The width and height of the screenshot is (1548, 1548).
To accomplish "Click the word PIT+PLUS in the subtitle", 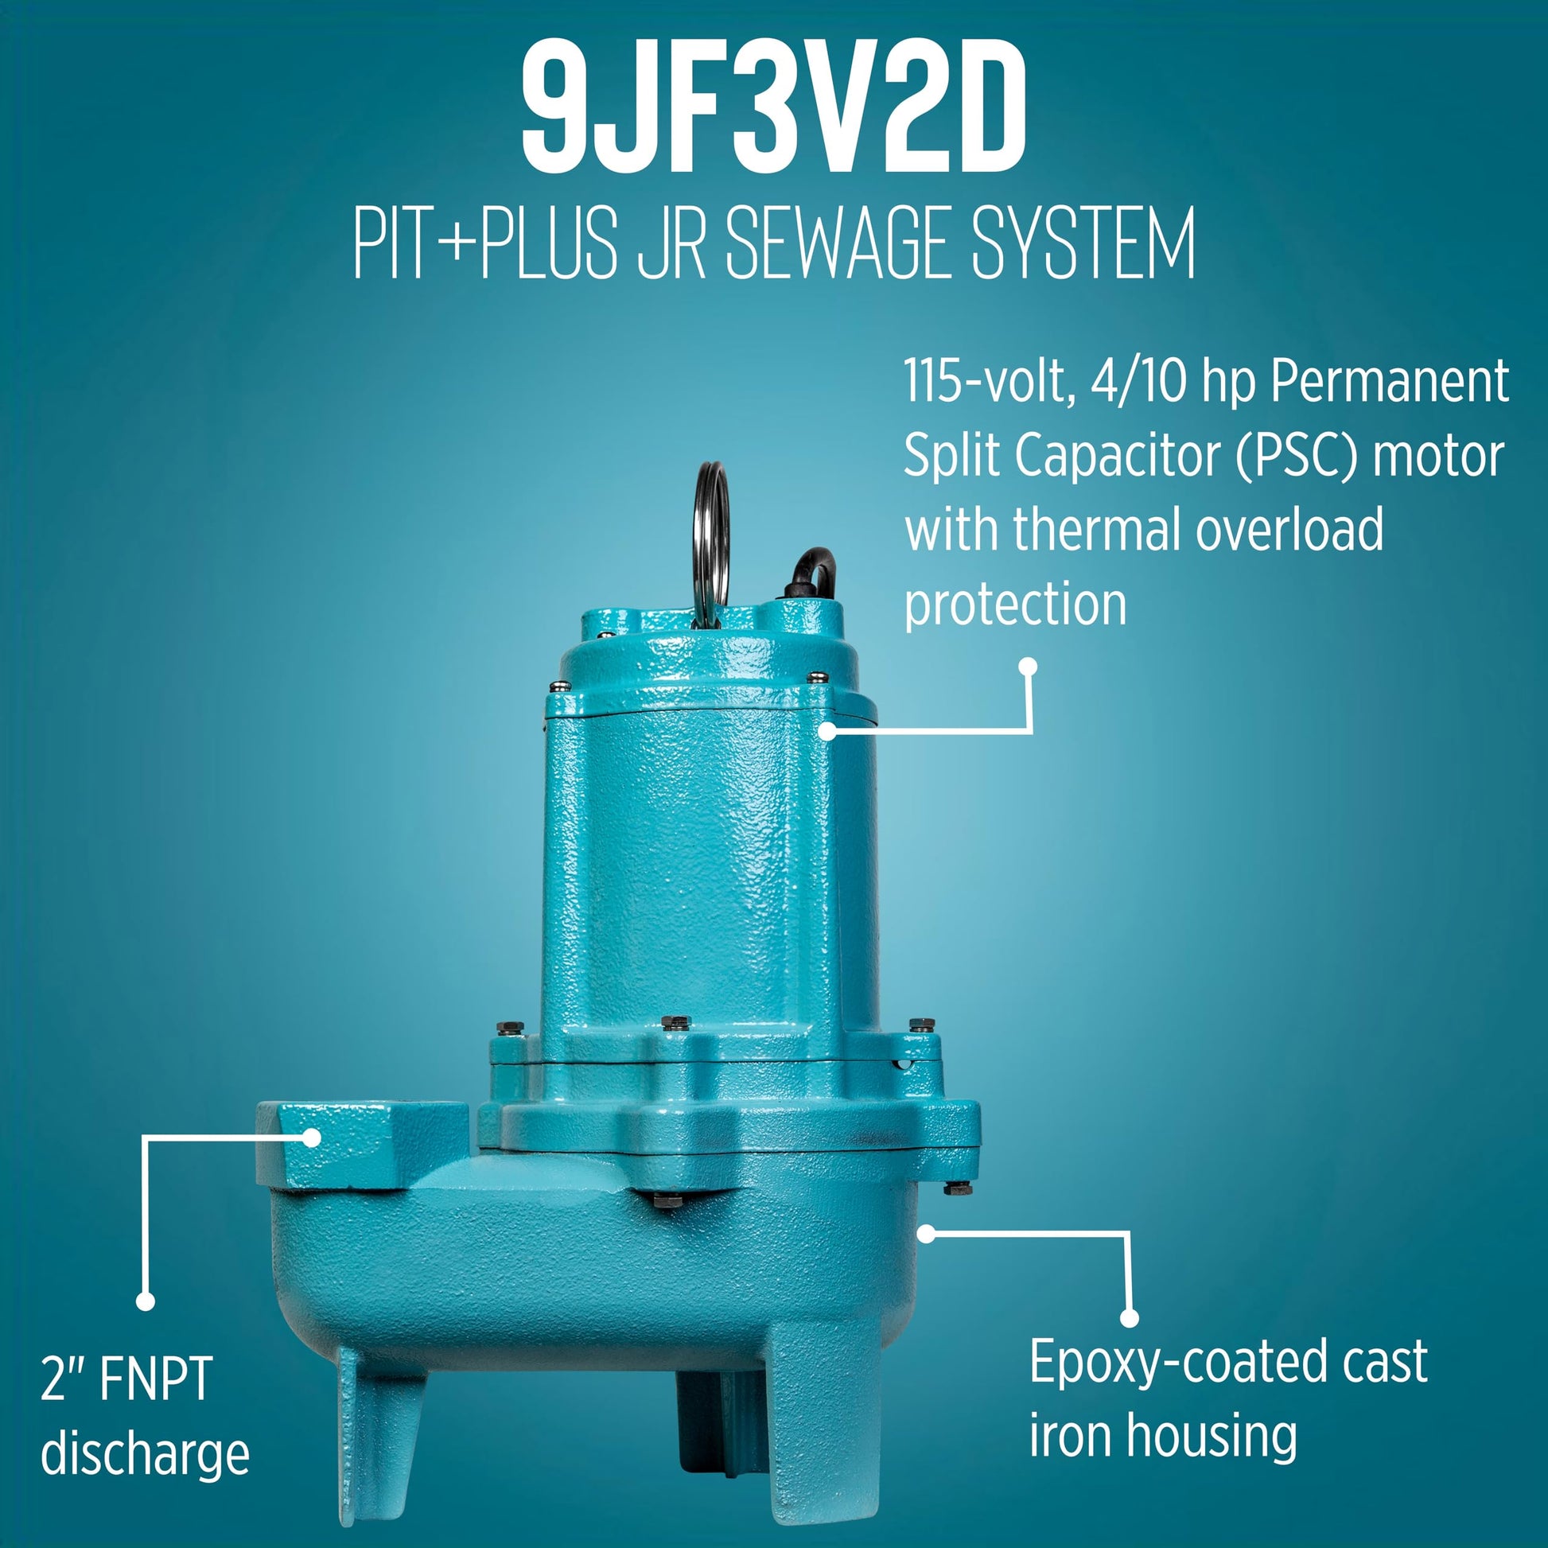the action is (485, 242).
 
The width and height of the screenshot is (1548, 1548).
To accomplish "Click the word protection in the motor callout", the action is (1015, 605).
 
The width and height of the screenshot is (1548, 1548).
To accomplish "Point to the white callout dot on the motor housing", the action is (827, 730).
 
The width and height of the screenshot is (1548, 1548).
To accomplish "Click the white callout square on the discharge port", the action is (312, 1137).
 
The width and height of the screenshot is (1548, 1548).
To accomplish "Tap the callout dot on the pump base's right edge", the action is (926, 1234).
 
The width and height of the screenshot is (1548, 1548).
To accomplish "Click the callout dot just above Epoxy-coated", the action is (1129, 1318).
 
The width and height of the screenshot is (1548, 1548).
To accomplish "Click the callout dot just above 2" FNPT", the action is (145, 1302).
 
